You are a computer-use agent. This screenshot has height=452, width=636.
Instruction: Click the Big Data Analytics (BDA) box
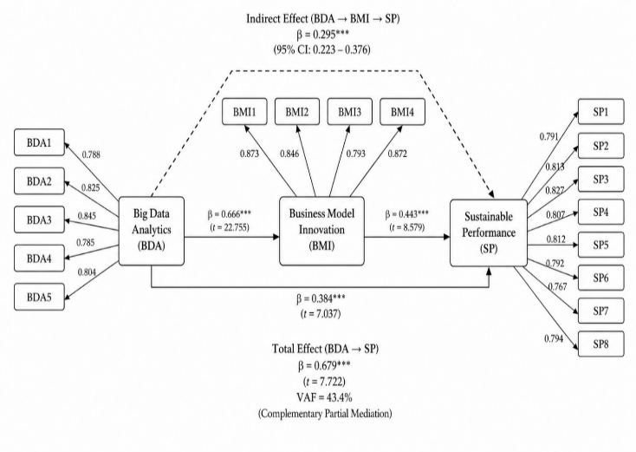(152, 231)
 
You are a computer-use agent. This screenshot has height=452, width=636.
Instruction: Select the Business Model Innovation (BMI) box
(321, 231)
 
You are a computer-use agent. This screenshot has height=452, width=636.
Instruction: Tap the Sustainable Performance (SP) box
(489, 233)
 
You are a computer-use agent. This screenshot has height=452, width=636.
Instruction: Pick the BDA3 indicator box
(39, 219)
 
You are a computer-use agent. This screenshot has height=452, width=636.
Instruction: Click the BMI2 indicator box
(297, 112)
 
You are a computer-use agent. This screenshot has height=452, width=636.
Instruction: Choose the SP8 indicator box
(600, 344)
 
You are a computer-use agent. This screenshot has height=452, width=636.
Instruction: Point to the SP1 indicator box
(600, 111)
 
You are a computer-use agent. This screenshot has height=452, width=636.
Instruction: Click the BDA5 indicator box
(39, 297)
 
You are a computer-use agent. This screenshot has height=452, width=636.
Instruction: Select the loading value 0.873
(250, 154)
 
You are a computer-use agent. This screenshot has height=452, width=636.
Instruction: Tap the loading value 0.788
(91, 154)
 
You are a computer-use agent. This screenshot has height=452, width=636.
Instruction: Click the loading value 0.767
(557, 286)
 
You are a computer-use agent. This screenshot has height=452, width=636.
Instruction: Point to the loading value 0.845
(87, 216)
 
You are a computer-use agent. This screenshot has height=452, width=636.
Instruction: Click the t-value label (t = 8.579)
(407, 227)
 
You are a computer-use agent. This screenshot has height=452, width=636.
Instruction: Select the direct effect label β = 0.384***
(321, 299)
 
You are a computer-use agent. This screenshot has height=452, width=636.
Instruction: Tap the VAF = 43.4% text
(324, 397)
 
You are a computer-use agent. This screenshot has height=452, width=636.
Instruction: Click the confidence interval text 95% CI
(321, 49)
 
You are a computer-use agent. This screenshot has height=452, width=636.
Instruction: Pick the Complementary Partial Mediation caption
(325, 414)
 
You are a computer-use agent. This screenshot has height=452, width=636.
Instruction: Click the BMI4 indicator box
(402, 112)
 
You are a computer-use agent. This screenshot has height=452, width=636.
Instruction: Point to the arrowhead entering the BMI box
(276, 236)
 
